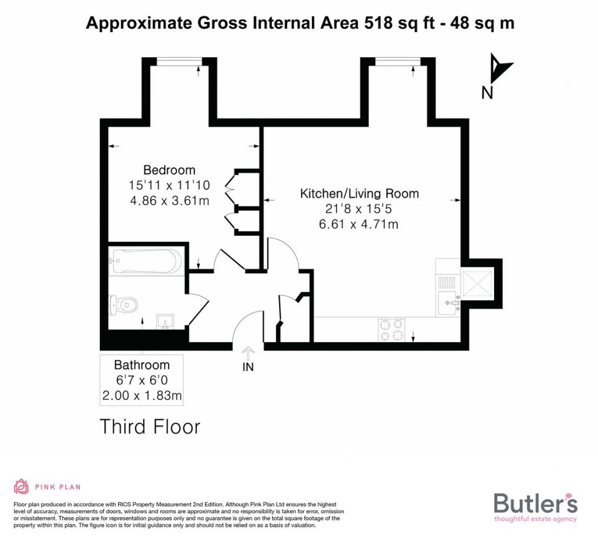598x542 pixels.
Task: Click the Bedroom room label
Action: [x=169, y=170]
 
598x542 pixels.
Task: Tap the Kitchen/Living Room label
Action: [x=359, y=193]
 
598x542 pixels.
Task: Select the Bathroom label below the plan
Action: [x=141, y=366]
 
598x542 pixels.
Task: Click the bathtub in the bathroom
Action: [x=145, y=261]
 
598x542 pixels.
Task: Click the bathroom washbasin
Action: [x=165, y=322]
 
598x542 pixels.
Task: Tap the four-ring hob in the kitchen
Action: [x=392, y=328]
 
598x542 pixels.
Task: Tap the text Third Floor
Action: [x=149, y=426]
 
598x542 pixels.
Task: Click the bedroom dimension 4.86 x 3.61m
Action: [x=169, y=200]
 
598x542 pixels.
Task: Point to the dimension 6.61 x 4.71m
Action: [x=359, y=224]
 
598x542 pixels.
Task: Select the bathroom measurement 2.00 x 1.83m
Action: [x=141, y=396]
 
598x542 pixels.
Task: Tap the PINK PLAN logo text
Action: [x=58, y=487]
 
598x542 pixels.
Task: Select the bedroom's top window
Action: [x=179, y=61]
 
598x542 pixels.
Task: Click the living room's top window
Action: [x=398, y=61]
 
